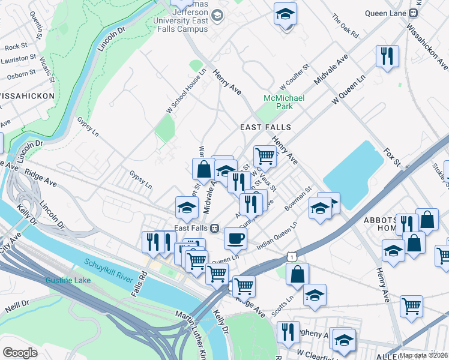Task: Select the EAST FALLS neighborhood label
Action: click(265, 127)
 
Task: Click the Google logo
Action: click(20, 353)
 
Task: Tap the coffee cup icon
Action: click(235, 238)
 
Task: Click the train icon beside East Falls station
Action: click(214, 228)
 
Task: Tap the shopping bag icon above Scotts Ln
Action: click(297, 275)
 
